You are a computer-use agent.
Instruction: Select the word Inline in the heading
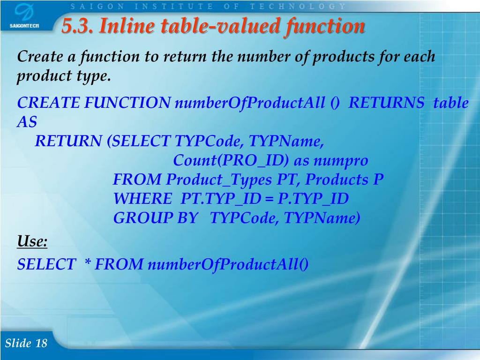[x=122, y=27]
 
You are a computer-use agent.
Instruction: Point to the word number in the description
[x=258, y=57]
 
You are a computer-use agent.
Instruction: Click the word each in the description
[x=419, y=57]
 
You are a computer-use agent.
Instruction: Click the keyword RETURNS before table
[x=387, y=103]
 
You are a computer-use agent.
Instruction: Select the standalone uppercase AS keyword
[x=27, y=122]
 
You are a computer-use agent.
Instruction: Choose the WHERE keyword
[x=142, y=199]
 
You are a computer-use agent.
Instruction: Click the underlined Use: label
[x=32, y=242]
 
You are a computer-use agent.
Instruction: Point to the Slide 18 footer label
[x=26, y=343]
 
